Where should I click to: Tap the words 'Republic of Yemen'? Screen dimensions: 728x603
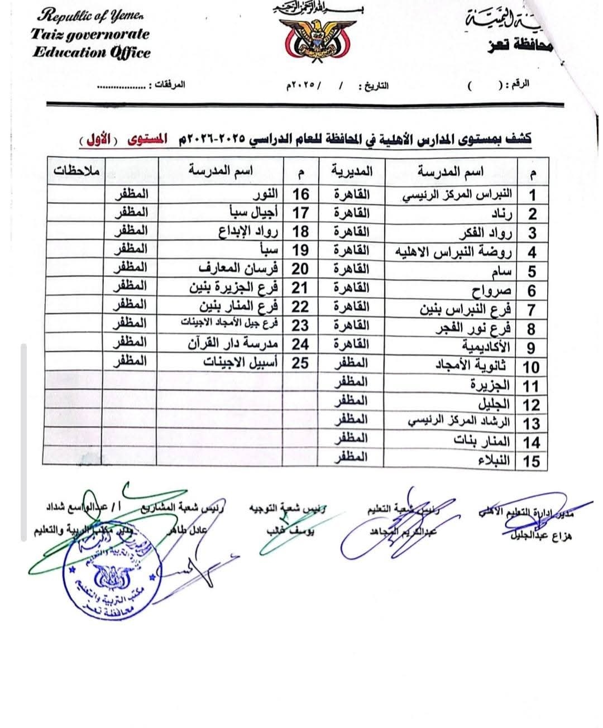90,17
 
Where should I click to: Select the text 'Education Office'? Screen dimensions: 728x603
91,53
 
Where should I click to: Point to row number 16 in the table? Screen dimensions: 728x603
300,194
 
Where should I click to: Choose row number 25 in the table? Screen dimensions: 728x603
300,363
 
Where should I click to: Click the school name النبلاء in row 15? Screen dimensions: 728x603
494,461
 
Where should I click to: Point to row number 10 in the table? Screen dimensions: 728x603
530,367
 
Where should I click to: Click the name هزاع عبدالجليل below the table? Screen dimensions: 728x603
541,537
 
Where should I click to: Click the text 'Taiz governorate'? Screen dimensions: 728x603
90,35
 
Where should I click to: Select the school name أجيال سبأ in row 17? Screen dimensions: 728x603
250,212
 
